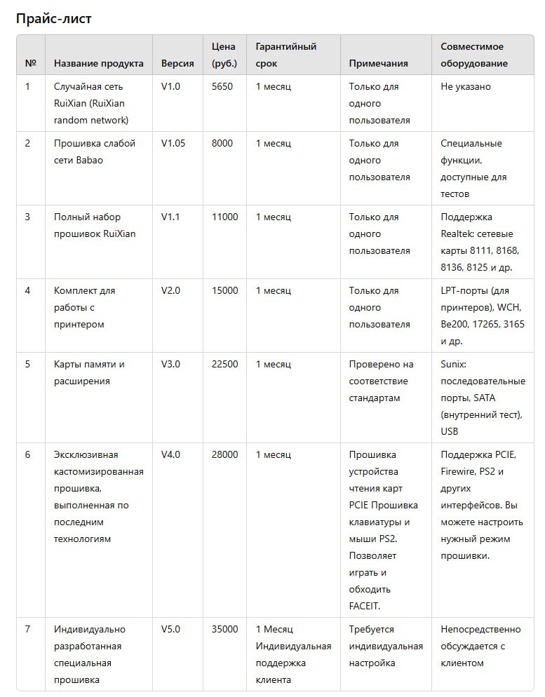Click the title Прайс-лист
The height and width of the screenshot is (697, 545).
54,19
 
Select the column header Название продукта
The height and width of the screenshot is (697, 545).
98,63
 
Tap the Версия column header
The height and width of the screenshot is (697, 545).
177,63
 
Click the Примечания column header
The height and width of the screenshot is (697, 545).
378,63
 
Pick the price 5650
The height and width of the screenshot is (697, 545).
222,87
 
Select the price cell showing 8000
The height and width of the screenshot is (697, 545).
222,144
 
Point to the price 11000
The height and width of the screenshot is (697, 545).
224,217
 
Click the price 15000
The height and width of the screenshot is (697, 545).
224,291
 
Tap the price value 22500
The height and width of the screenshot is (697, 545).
224,365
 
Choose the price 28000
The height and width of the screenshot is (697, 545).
224,455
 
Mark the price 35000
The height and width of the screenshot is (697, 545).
224,630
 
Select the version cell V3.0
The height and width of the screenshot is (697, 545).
170,365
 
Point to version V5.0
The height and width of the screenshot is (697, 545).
170,630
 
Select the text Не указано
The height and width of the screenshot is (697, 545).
466,87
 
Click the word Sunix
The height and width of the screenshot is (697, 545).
453,365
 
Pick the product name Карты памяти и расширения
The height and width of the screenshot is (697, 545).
89,373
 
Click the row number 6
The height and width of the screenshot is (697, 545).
28,455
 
